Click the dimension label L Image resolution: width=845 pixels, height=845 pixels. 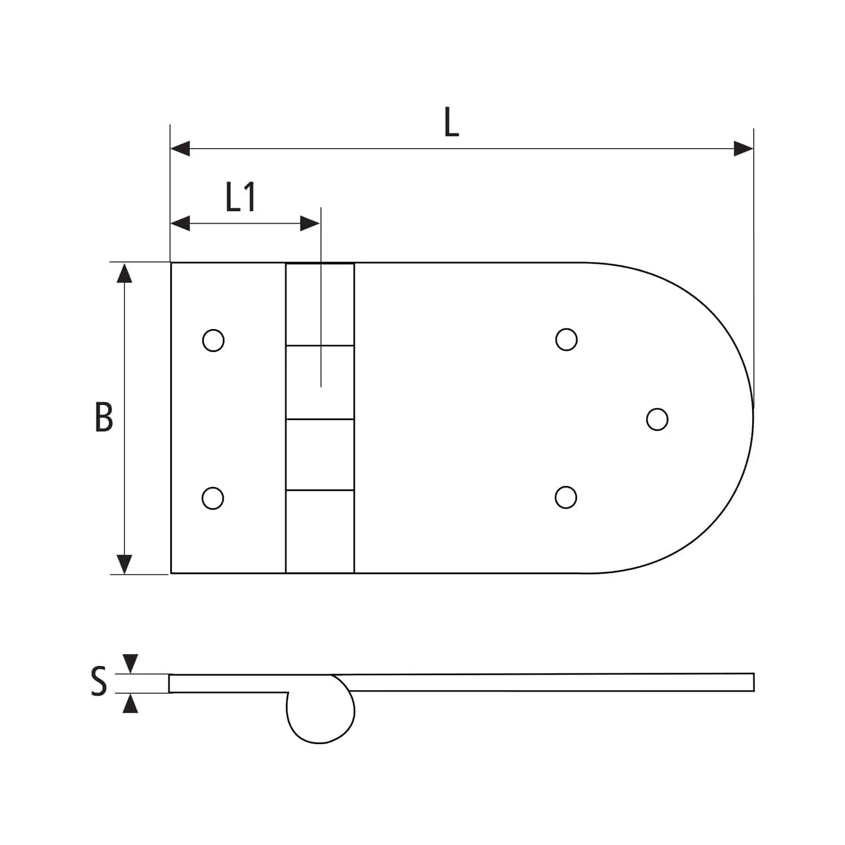tap(451, 123)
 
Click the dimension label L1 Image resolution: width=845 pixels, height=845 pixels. tap(241, 197)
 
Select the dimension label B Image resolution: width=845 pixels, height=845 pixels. tap(104, 417)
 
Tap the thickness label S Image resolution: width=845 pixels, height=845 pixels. tap(99, 681)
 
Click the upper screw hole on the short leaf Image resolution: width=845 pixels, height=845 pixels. tap(213, 340)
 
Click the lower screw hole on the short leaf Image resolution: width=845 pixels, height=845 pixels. tap(212, 498)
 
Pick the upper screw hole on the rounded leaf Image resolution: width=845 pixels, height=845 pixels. tap(566, 340)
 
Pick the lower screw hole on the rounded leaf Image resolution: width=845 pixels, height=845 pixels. tap(566, 497)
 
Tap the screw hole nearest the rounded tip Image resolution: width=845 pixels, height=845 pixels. tap(657, 419)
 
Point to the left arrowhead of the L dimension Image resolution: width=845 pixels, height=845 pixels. tap(180, 149)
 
